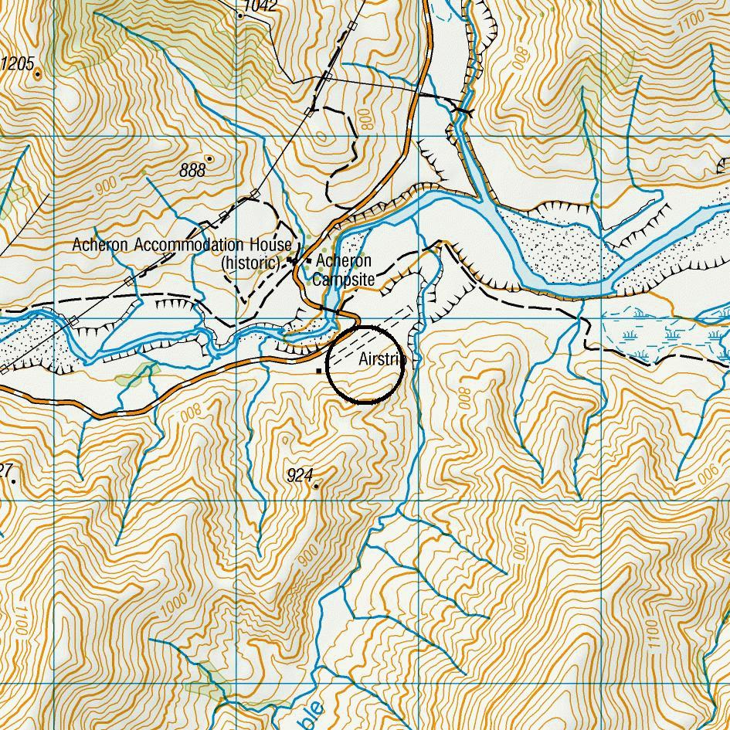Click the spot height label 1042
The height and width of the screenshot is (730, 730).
pos(260,7)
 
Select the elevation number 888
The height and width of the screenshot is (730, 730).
pos(192,170)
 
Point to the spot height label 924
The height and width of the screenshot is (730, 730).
pos(299,476)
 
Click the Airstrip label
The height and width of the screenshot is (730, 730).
pos(381,359)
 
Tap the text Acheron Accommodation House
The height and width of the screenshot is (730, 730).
pos(182,245)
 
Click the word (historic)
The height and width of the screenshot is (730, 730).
pos(251,263)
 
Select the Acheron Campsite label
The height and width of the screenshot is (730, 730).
pos(343,270)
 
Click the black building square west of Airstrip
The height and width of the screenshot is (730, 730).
pos(319,372)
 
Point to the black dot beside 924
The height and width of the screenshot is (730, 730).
pos(316,486)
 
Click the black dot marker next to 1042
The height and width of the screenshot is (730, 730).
pos(240,15)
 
